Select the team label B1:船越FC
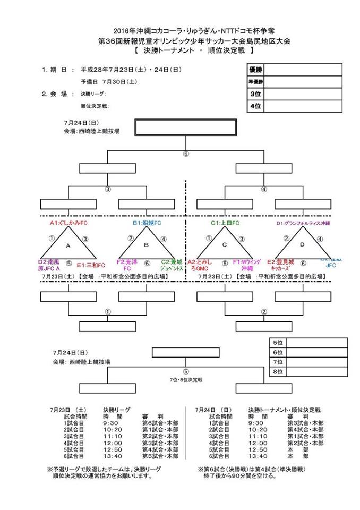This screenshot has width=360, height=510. [147, 224]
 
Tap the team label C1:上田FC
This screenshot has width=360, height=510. [225, 224]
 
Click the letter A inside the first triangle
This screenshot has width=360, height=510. [67, 246]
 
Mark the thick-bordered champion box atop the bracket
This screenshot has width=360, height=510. [185, 127]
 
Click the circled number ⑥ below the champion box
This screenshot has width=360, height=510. [186, 155]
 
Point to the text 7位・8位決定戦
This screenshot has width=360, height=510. [186, 380]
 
